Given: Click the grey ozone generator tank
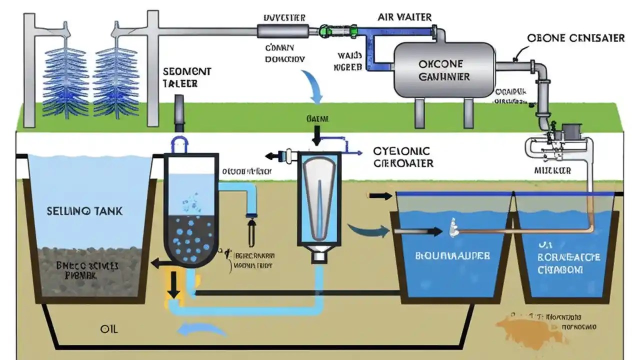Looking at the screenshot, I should click(x=444, y=70).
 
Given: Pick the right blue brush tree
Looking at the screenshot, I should click(x=116, y=82).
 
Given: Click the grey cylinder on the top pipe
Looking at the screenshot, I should click(x=282, y=31).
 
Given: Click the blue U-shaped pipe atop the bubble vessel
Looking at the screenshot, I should click(x=179, y=144).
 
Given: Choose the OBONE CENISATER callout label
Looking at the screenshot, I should click(x=575, y=37).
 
